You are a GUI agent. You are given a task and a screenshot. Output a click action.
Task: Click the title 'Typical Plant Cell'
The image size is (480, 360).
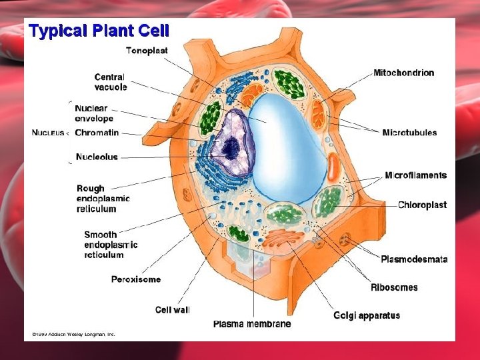(x=99, y=30)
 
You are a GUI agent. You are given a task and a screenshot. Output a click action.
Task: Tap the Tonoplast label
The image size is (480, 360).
(x=147, y=51)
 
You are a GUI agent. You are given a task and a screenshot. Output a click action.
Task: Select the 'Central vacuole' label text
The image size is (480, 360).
(x=111, y=82)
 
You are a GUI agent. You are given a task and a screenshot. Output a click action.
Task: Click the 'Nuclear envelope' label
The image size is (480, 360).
(x=94, y=113)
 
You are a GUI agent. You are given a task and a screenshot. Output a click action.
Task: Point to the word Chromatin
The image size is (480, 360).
(x=97, y=133)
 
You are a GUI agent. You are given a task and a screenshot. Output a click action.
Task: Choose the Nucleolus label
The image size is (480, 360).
(x=97, y=157)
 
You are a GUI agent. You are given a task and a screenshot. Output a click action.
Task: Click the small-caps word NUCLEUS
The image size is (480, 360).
(x=48, y=133)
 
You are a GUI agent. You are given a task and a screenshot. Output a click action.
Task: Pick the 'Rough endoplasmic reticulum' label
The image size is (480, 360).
(x=103, y=199)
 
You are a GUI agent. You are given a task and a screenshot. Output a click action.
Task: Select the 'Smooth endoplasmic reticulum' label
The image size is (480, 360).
(x=111, y=245)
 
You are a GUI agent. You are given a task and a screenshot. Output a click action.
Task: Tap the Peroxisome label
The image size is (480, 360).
(x=136, y=279)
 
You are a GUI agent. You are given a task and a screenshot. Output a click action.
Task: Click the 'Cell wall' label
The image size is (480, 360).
(x=173, y=309)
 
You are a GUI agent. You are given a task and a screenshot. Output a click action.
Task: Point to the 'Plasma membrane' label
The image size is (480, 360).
(x=252, y=324)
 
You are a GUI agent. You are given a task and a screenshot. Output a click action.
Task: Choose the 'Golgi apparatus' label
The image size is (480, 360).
(x=367, y=315)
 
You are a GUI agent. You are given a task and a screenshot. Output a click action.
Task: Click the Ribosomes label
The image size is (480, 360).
(x=395, y=287)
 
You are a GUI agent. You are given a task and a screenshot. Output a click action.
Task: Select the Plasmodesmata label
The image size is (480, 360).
(x=414, y=259)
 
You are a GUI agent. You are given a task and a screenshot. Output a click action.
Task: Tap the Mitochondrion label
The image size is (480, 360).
(x=404, y=73)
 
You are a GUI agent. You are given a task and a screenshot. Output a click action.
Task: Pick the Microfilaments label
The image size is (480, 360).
(x=415, y=175)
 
